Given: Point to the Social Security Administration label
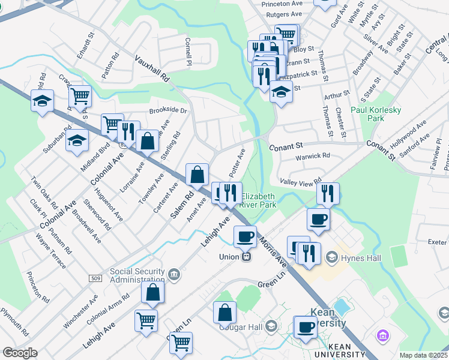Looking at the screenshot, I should point(137,275).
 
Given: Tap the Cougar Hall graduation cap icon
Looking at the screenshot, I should point(271,326).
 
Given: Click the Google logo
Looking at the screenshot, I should point(19,353).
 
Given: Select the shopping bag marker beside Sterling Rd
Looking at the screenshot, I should point(147,141).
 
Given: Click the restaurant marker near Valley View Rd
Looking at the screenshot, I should point(328,193).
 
